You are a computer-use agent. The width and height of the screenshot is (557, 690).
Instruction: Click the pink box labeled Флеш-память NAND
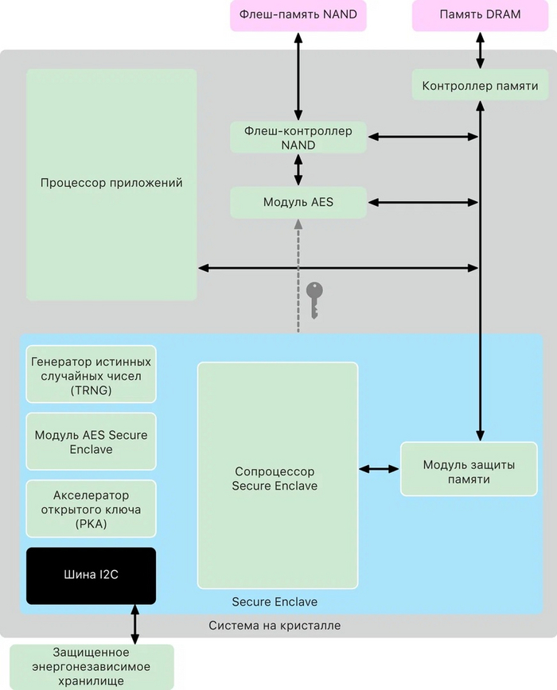point(298,15)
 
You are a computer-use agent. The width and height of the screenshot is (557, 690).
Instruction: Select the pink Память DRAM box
point(479,15)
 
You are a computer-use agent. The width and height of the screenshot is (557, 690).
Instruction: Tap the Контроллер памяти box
point(480,85)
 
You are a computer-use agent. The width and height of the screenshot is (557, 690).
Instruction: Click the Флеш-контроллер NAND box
point(298,138)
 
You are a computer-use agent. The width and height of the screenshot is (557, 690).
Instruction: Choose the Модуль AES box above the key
point(298,203)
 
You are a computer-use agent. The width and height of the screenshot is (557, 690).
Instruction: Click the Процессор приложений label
point(111,183)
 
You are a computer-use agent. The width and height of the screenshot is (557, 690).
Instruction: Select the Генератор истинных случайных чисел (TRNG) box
point(91,374)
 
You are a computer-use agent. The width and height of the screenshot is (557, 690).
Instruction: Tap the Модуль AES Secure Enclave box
point(91,442)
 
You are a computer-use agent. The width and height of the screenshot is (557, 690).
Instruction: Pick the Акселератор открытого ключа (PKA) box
point(91,510)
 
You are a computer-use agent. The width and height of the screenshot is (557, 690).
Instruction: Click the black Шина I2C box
point(91,576)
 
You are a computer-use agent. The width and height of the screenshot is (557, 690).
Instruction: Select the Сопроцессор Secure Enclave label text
point(275,479)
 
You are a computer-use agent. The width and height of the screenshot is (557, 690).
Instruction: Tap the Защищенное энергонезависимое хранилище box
point(91,666)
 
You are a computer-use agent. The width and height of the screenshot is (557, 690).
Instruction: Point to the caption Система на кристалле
point(275,626)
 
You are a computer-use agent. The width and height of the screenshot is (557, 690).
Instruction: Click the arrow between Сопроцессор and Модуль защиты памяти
point(380,469)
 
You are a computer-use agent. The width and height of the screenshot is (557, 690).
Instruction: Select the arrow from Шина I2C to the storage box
point(134,625)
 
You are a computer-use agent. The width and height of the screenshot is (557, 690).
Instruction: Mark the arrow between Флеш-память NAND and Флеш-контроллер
point(298,76)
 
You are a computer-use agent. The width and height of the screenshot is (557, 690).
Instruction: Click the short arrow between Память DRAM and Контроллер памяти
point(480,50)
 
